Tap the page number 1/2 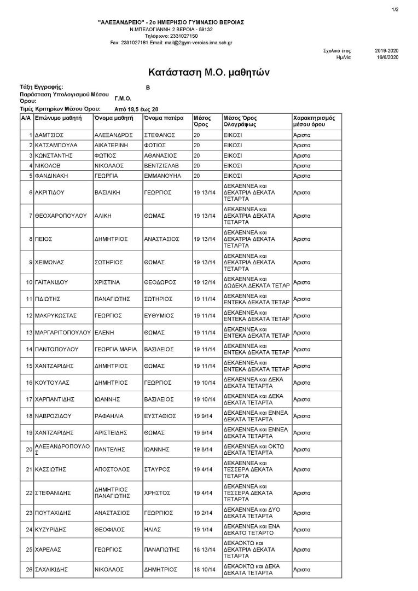[x=395, y=9]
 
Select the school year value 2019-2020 [x=387, y=50]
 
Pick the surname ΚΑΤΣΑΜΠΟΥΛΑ [x=56, y=145]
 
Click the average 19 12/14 [x=204, y=282]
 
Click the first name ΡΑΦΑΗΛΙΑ [x=111, y=416]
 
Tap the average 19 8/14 [x=203, y=449]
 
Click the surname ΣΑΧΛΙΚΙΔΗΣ [x=54, y=569]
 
